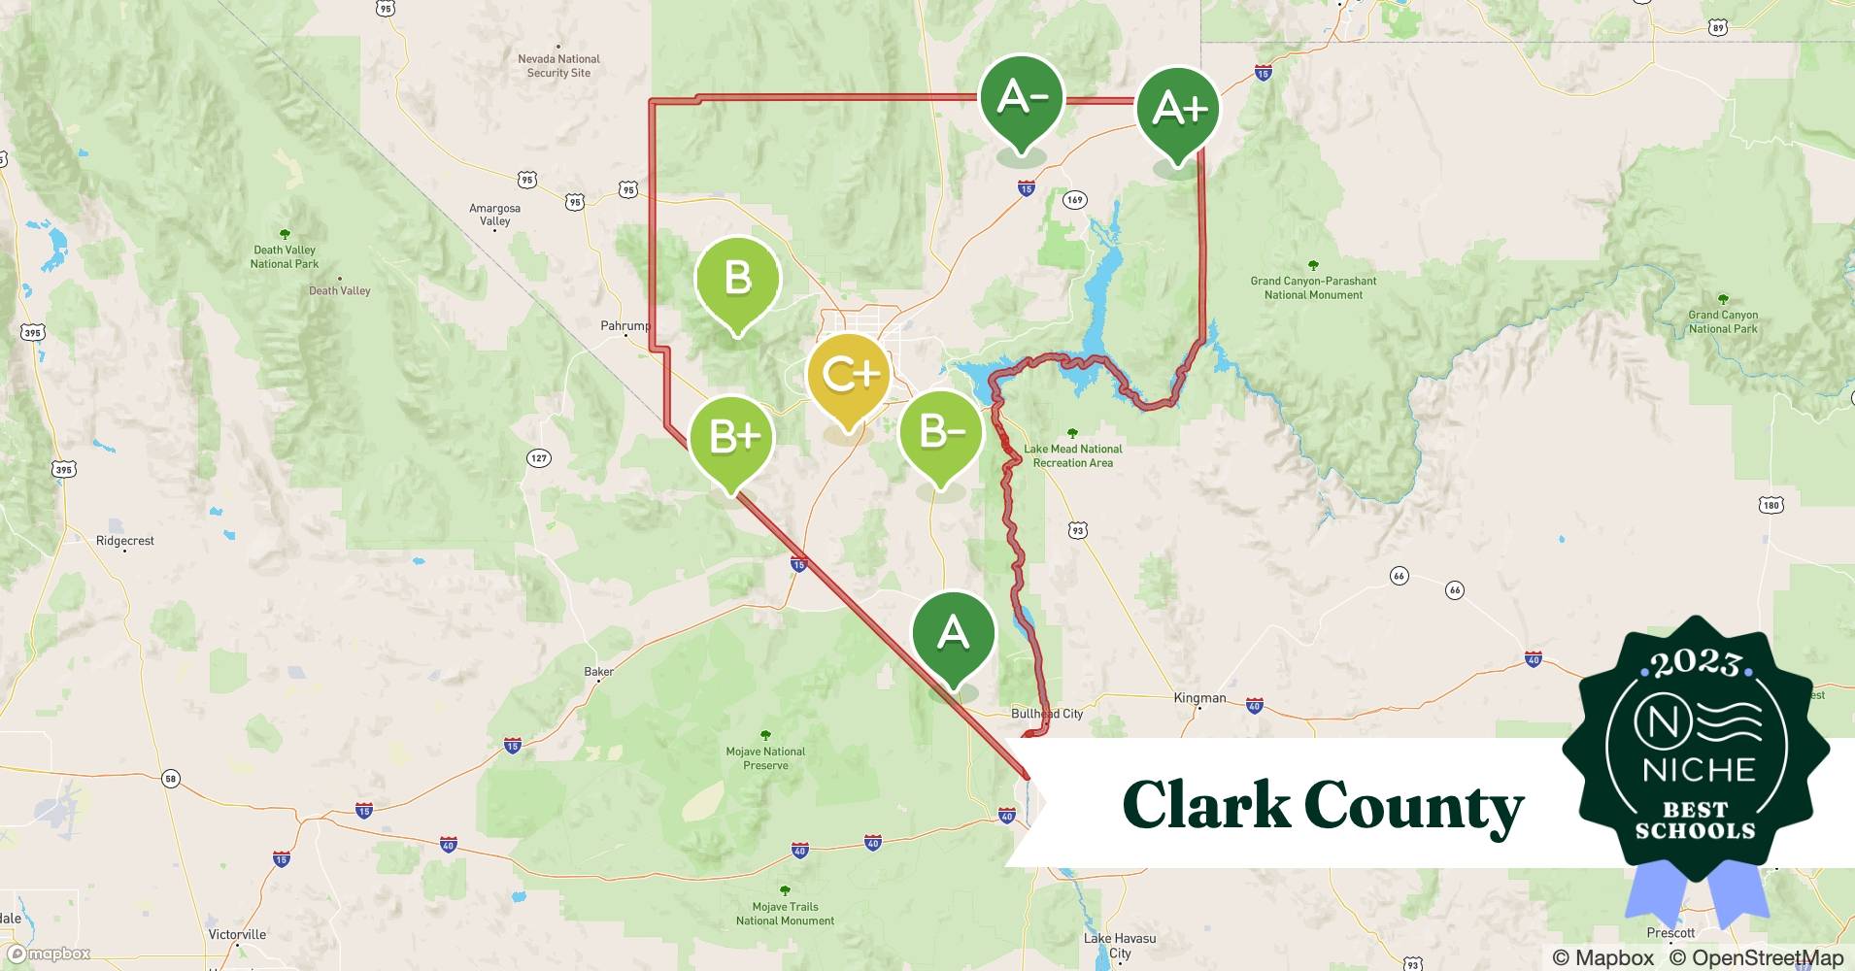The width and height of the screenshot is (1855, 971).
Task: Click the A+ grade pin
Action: pos(1177,110)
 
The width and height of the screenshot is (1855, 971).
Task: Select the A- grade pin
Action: pos(1021,98)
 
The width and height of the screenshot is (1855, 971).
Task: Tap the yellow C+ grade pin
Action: pos(849,376)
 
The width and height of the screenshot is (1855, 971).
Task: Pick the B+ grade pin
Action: pos(731,438)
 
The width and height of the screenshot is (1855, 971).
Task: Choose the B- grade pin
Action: pos(940,432)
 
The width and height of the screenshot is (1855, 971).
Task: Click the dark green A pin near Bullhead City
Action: pos(953,634)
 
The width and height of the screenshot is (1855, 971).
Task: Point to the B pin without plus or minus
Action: pos(737,280)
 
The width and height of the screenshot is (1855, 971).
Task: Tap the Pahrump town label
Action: pos(624,326)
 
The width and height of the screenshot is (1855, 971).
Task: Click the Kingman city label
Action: pos(1199,698)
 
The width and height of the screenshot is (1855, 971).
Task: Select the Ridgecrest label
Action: pos(125,541)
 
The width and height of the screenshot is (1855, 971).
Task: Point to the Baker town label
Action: pos(598,672)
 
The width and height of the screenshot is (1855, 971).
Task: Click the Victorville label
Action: pos(237,935)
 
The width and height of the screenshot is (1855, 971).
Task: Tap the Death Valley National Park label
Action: pos(285,256)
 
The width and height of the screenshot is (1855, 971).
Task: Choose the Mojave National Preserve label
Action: pos(765,758)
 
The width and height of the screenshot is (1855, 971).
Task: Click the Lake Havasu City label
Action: pos(1120,946)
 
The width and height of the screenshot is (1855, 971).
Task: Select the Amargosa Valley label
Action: pos(494,215)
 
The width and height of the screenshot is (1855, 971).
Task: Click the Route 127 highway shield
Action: pos(538,457)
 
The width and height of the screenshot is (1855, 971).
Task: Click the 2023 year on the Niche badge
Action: pos(1696,663)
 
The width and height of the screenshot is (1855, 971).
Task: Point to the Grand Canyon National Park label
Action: pos(1722,321)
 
